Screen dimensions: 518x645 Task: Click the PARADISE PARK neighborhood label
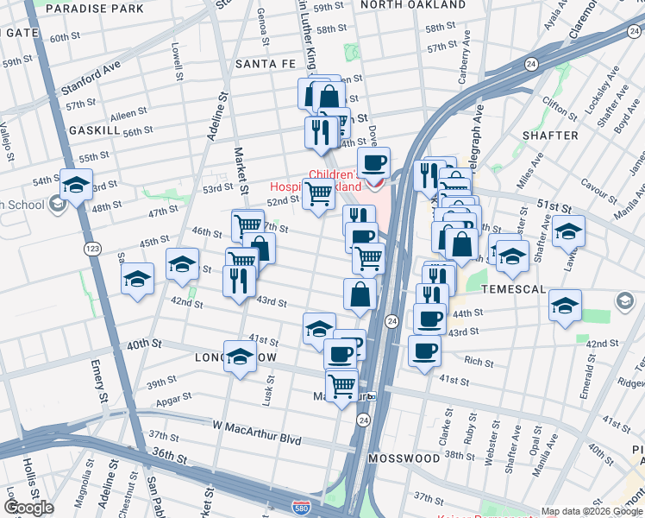95,9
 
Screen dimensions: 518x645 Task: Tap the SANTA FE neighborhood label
266,64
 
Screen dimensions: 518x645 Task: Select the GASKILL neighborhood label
94,129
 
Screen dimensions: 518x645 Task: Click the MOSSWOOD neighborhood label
404,458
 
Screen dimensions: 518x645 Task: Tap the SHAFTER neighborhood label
550,136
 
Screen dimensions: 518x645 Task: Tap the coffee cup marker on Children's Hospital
374,164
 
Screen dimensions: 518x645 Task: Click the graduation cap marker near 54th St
76,186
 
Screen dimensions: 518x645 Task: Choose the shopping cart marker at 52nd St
318,194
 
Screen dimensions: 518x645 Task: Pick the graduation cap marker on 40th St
240,357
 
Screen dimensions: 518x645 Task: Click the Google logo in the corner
28,508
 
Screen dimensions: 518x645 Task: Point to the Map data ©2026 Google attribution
592,511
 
